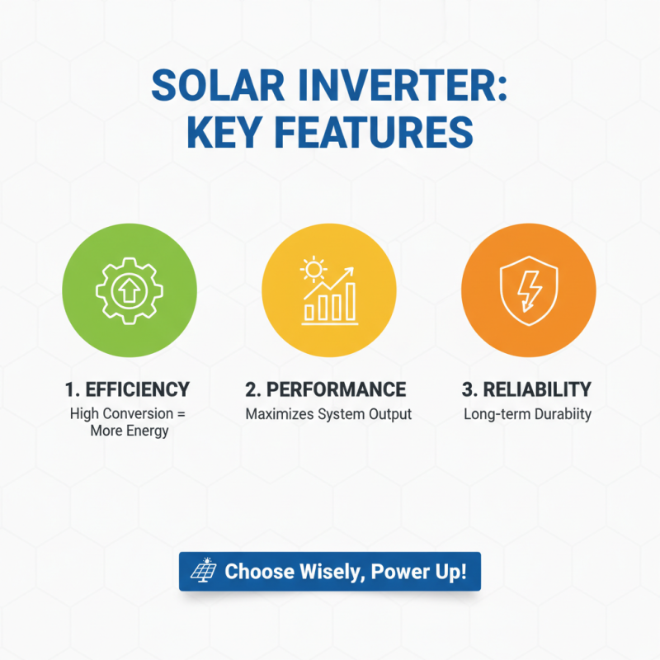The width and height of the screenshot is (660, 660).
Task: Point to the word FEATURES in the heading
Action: pos(383,133)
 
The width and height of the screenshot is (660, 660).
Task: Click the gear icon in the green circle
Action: pos(130,290)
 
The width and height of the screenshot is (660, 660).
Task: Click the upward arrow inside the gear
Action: pos(130,290)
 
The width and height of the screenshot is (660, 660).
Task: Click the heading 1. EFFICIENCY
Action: pos(127,389)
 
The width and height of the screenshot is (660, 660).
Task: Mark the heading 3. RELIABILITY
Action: pos(528,389)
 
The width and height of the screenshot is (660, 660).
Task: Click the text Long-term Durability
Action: pos(528,414)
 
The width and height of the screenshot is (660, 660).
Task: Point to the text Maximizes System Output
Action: pos(328,414)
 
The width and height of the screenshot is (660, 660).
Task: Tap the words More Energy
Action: pos(130,431)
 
